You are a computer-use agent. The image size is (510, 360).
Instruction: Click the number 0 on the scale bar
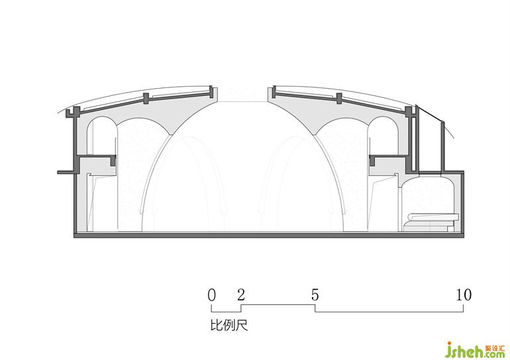click(211, 295)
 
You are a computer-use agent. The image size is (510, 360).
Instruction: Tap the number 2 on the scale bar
click(241, 295)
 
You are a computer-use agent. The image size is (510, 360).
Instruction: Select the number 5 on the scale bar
click(315, 295)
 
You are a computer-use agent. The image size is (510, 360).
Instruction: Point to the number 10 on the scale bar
click(464, 295)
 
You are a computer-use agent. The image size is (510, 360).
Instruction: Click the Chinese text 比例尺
click(229, 325)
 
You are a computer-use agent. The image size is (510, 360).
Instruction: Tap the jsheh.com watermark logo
click(476, 350)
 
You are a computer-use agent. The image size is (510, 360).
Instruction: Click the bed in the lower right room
click(431, 222)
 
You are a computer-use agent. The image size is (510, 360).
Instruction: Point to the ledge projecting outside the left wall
click(66, 172)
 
